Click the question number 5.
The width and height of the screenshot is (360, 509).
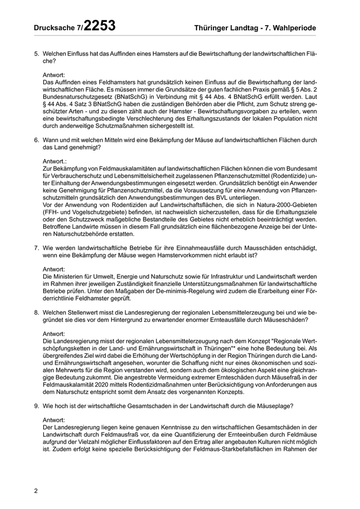pyautogui.click(x=36, y=53)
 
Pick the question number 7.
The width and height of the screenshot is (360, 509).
pyautogui.click(x=36, y=248)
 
